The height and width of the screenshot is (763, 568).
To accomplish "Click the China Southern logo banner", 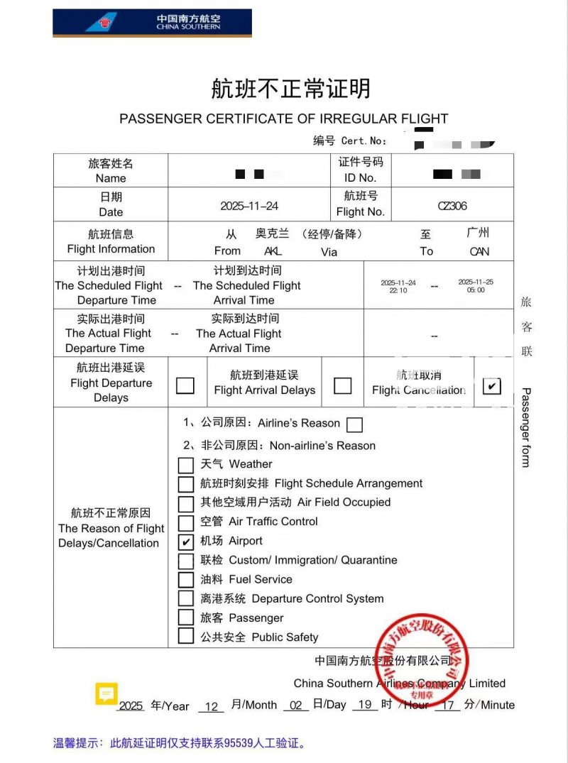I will pyautogui.click(x=152, y=23).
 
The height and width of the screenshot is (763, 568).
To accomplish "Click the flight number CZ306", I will pyautogui.click(x=452, y=206).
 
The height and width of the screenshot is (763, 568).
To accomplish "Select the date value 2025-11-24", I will pyautogui.click(x=249, y=206).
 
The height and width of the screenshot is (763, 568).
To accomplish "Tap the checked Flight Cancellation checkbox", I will pyautogui.click(x=491, y=385).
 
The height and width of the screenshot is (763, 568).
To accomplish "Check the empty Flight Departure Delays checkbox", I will pyautogui.click(x=185, y=385).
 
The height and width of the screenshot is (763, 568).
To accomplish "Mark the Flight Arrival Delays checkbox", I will pyautogui.click(x=342, y=385).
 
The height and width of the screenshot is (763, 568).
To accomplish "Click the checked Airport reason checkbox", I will pyautogui.click(x=186, y=542).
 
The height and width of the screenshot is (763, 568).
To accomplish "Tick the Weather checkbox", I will pyautogui.click(x=186, y=465).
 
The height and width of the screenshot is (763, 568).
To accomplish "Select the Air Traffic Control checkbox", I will pyautogui.click(x=186, y=522).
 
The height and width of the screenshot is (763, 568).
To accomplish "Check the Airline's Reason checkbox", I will pyautogui.click(x=354, y=424).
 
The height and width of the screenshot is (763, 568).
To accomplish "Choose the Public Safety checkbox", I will pyautogui.click(x=186, y=637).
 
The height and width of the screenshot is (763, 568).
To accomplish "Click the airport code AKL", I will pyautogui.click(x=273, y=251).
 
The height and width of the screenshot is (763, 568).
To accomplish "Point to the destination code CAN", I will pyautogui.click(x=479, y=251).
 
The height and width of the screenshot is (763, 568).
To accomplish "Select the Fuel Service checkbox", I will pyautogui.click(x=186, y=580).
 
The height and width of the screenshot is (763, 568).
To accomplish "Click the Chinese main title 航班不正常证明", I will pyautogui.click(x=290, y=89).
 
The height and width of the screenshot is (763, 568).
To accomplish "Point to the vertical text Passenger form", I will pyautogui.click(x=526, y=427).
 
